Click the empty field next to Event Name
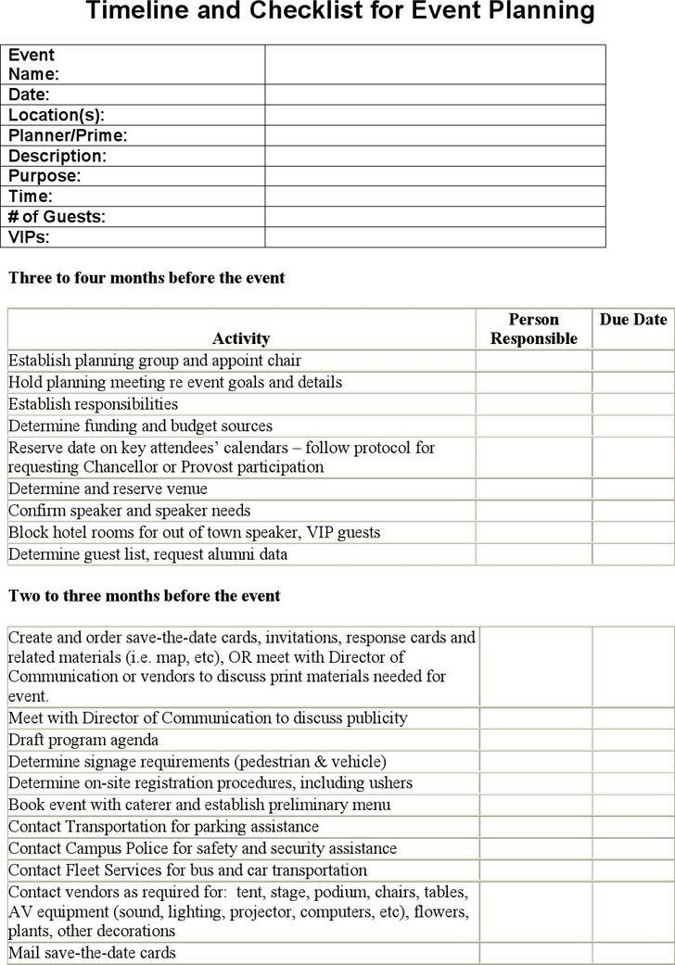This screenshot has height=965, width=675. tap(434, 64)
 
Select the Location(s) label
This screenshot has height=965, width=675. tap(57, 115)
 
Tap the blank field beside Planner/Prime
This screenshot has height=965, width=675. tap(434, 135)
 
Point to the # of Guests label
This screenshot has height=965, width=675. tap(57, 217)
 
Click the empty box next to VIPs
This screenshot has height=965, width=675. tap(434, 237)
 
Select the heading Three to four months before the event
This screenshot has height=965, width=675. tap(146, 278)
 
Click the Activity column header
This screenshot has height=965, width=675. tap(241, 338)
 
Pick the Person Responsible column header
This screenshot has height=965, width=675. tap(533, 329)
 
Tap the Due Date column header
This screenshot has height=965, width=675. tap(632, 320)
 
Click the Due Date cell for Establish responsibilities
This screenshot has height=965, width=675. tap(632, 404)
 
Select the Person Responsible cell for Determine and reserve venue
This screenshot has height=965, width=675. tap(533, 489)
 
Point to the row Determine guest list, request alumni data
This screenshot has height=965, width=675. tap(148, 554)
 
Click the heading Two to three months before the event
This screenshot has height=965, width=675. tap(144, 596)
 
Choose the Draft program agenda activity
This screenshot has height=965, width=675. tap(83, 740)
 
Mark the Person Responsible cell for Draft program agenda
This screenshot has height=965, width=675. tap(536, 740)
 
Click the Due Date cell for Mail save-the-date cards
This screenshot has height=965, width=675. tap(634, 953)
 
